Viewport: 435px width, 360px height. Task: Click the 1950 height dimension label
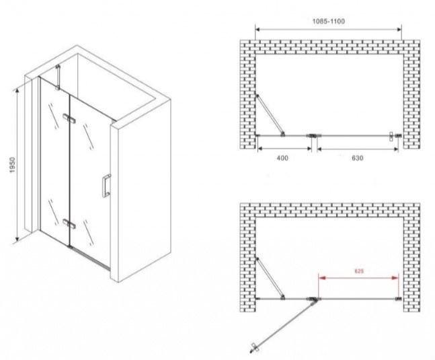[13, 165]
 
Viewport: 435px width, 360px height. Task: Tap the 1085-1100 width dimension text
[329, 22]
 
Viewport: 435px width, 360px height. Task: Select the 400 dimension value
[282, 158]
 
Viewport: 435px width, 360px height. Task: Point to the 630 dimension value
[357, 158]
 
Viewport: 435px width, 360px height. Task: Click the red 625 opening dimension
[359, 271]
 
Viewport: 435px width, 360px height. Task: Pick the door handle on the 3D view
[106, 186]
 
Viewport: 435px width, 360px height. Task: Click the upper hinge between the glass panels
[69, 118]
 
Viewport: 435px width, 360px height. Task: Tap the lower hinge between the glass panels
[69, 224]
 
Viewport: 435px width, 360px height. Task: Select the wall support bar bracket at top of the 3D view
[58, 77]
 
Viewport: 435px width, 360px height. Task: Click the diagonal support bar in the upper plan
[270, 116]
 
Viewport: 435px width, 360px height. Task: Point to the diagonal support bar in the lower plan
[270, 279]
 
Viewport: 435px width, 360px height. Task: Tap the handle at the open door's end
[253, 348]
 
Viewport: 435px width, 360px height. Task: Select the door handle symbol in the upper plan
[391, 136]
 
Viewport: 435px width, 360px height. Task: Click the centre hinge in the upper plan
[314, 136]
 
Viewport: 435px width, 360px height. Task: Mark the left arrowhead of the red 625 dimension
[322, 277]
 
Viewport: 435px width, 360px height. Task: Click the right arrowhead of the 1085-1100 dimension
[398, 29]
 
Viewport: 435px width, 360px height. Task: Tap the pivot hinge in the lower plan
[314, 299]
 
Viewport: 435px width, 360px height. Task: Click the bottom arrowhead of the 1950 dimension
[17, 238]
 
